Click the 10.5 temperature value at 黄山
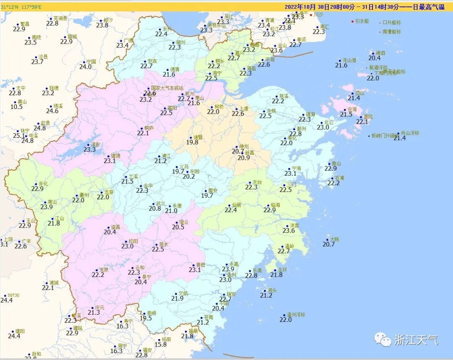point(16,107)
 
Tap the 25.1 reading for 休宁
point(19,136)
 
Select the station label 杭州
point(190,93)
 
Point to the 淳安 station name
point(96,144)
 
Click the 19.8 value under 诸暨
point(192,142)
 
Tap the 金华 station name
point(148,185)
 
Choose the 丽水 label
point(164,244)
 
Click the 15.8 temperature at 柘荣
point(161,345)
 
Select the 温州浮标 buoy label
point(296,314)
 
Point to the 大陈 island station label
point(335,239)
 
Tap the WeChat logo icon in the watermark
point(383,339)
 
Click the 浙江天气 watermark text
point(416,340)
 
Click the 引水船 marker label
point(362,21)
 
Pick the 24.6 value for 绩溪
point(52,111)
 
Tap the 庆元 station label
point(99,307)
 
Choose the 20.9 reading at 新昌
point(244,158)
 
